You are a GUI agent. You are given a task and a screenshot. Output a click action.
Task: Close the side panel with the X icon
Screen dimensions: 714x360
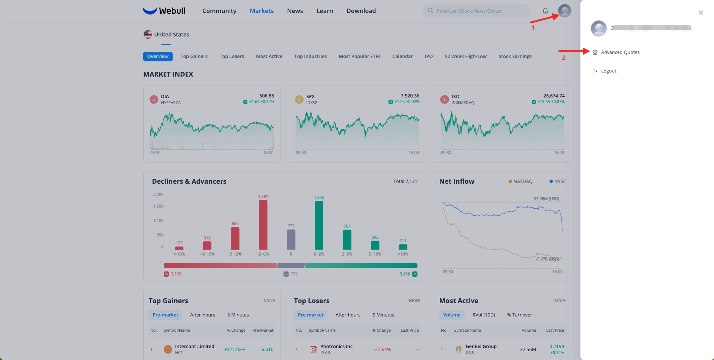click(701, 13)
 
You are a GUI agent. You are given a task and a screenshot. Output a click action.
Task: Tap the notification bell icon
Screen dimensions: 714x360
click(545, 11)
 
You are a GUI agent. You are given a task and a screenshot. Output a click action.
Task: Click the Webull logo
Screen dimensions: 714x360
click(164, 11)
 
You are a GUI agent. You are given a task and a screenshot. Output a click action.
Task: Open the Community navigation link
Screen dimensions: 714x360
click(220, 11)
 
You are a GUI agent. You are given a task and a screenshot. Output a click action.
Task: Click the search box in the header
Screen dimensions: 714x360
click(476, 11)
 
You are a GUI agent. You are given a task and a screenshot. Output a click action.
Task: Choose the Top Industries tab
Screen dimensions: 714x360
click(310, 57)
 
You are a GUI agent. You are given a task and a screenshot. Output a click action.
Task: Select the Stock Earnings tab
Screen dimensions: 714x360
click(515, 57)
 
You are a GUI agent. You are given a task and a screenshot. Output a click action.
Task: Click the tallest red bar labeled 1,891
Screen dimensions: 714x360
click(263, 225)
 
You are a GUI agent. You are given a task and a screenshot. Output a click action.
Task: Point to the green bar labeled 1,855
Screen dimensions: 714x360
click(319, 225)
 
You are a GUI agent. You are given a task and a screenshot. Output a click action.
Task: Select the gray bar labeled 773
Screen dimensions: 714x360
click(291, 240)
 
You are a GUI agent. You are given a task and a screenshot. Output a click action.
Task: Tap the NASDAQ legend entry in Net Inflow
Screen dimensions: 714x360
click(521, 181)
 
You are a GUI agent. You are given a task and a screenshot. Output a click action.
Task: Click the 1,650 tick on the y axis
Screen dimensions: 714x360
click(158, 206)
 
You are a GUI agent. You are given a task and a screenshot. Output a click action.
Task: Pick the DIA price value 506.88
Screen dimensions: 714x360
click(266, 96)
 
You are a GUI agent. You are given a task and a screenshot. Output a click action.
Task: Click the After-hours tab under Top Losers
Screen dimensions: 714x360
click(348, 315)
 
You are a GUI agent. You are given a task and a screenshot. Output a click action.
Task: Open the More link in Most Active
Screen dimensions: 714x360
click(560, 300)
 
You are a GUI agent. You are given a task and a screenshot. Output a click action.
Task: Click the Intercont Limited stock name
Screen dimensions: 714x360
click(195, 347)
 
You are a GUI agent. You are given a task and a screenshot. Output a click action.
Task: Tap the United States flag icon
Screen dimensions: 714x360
click(148, 35)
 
